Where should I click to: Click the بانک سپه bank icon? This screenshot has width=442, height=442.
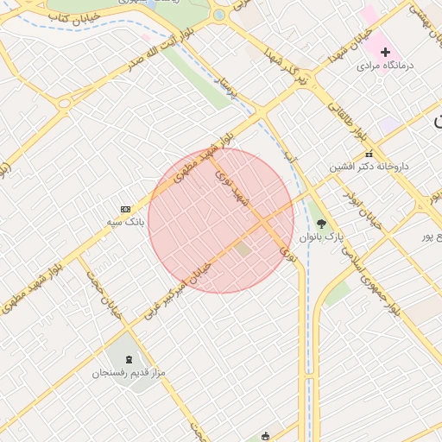coord(126,209)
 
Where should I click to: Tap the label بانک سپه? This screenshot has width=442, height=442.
coord(126,223)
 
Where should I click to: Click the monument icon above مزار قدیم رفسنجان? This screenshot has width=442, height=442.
coord(129,359)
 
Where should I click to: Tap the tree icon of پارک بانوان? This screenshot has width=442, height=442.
coord(321,224)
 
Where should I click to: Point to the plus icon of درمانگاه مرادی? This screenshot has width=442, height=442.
coord(385,53)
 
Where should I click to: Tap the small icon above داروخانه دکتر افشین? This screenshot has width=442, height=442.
coord(369,154)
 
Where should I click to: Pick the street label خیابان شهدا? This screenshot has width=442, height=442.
coord(349,49)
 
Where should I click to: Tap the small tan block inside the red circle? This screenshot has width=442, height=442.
coord(243,249)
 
